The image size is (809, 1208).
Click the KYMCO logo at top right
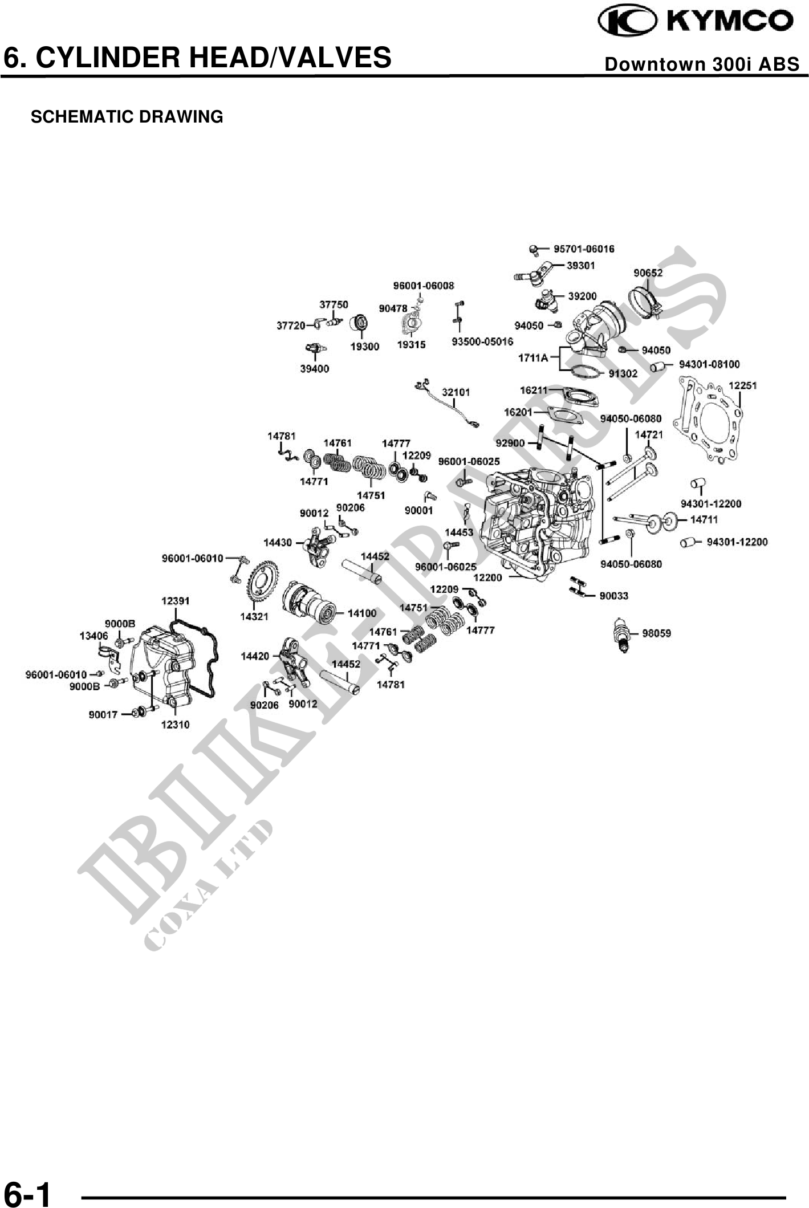click(696, 22)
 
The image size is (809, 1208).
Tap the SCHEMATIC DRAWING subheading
click(127, 117)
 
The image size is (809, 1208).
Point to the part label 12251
click(742, 385)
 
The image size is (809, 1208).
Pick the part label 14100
click(362, 613)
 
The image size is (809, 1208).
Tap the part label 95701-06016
click(584, 249)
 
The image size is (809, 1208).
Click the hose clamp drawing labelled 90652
click(645, 302)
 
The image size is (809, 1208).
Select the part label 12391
click(176, 601)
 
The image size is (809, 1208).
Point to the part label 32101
click(456, 392)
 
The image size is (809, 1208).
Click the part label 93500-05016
click(482, 341)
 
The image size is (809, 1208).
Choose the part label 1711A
click(532, 358)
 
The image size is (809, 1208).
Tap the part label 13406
click(93, 636)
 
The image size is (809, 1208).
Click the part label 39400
click(315, 369)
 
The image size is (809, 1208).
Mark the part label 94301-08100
click(709, 364)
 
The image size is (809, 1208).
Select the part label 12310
click(175, 725)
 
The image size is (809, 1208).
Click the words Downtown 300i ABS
click(702, 64)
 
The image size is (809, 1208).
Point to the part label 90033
click(613, 596)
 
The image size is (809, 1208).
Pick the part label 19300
click(364, 346)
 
